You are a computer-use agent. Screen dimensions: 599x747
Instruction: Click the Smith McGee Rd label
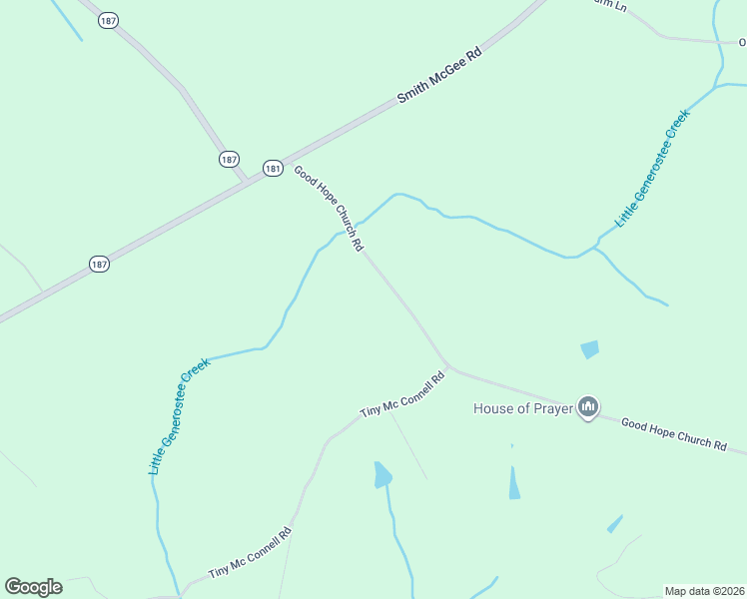tap(439, 76)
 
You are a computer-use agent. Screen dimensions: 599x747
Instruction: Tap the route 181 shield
tap(273, 169)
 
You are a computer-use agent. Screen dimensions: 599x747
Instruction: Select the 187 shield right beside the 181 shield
tap(230, 159)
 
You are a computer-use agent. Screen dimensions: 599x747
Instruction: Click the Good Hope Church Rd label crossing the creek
tap(328, 208)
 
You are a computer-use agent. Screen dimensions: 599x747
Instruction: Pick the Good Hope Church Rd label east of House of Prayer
tap(673, 434)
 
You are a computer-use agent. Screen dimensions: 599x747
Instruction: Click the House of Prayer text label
tap(522, 408)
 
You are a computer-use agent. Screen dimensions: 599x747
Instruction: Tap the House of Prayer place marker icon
tap(589, 407)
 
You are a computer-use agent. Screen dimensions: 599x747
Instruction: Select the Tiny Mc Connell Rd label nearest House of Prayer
tap(401, 395)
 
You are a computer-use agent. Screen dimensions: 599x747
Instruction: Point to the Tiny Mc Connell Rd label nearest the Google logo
tap(250, 552)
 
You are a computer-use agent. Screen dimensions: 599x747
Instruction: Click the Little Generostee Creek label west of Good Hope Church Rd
tap(179, 414)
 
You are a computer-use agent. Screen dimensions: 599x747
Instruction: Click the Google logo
tap(33, 586)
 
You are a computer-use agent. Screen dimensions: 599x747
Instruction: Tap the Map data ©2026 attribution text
tap(704, 591)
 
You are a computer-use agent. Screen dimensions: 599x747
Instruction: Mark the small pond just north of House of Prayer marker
tap(590, 349)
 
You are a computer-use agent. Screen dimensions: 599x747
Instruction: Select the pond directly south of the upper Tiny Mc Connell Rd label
tap(382, 474)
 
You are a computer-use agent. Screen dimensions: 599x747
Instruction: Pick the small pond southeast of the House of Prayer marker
tap(614, 524)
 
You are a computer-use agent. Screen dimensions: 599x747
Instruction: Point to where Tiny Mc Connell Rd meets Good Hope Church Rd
tap(447, 366)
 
